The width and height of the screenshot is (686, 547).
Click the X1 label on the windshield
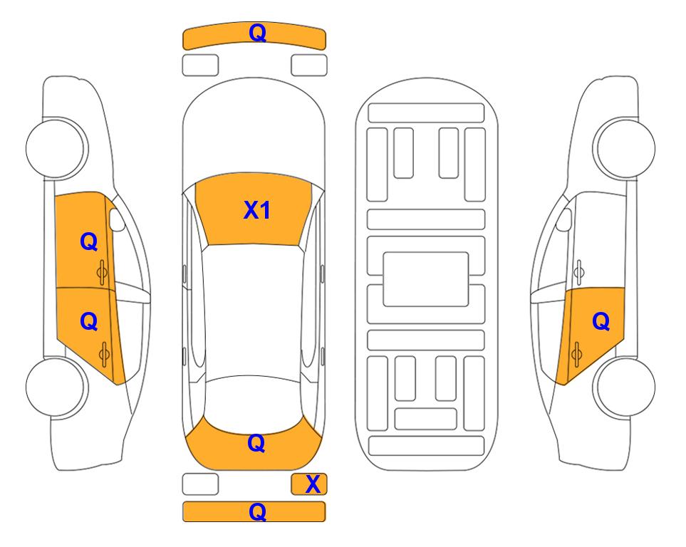click(x=257, y=210)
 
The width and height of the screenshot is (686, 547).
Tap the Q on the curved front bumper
click(x=258, y=33)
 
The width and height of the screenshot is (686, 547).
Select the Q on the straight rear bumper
click(x=257, y=511)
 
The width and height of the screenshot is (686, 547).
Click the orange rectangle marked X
click(x=309, y=484)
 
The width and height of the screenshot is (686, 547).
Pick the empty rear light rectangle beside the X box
click(x=200, y=484)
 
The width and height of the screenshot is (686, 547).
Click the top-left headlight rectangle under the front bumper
click(x=200, y=66)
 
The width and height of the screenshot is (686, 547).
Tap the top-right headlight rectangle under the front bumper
click(x=309, y=66)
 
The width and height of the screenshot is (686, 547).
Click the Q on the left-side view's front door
click(x=89, y=241)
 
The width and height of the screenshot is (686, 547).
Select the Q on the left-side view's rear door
click(x=89, y=322)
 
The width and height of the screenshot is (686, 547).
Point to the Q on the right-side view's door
click(x=601, y=322)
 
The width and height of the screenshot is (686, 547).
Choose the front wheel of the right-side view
click(x=624, y=148)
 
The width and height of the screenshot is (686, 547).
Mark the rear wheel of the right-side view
click(x=624, y=387)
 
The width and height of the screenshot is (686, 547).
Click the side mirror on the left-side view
click(x=117, y=219)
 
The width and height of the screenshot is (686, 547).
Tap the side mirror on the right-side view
click(x=563, y=219)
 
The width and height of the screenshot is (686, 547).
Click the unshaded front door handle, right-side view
click(x=579, y=272)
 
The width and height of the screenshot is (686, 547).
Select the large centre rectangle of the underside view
click(x=426, y=279)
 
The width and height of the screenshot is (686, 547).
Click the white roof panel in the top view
click(x=253, y=311)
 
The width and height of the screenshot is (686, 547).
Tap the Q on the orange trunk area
click(x=256, y=443)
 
